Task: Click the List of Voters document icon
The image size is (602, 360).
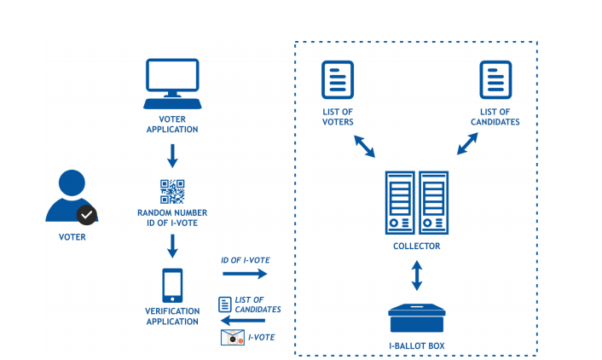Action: pos(337,80)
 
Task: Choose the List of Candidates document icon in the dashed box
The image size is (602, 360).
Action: pos(495,80)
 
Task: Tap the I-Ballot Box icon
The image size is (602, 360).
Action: pos(417,320)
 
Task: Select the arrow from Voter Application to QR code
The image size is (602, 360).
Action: pos(172,155)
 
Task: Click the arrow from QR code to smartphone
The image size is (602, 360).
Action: pos(172,246)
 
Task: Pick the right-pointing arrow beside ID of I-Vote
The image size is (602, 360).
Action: pos(245,274)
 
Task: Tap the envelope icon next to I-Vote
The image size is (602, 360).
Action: pos(232,338)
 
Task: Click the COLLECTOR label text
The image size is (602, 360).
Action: pos(416,247)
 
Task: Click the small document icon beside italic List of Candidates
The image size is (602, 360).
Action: pos(224,303)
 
